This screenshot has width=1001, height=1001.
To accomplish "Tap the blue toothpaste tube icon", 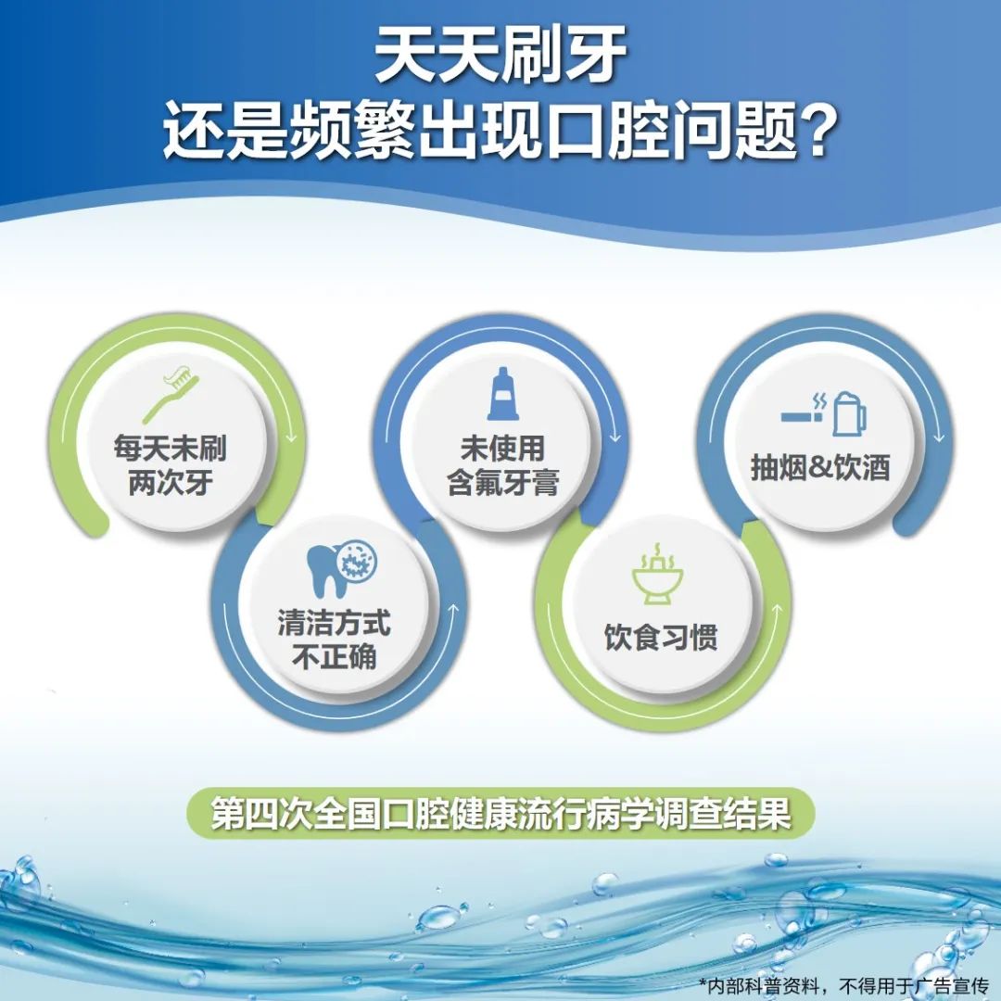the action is pos(502,394).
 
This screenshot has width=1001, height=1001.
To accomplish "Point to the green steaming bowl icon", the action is pos(657,574).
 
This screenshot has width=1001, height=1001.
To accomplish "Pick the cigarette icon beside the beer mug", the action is pos(804,411).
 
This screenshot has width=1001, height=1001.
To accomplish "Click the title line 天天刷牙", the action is pos(500,56).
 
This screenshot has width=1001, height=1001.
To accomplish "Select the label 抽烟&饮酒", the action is pos(820,467).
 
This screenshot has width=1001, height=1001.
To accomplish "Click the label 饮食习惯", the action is pos(661,637).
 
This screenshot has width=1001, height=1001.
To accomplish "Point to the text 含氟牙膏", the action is pos(503,482).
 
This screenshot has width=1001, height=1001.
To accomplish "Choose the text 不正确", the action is pos(334,656).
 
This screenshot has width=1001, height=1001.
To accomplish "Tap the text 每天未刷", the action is pos(170,448).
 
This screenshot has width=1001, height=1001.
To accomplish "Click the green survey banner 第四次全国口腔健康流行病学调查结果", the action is pos(500,813).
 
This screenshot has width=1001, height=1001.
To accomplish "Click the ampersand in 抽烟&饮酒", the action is pos(820,468).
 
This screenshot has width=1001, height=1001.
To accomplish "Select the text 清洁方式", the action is pos(334,623).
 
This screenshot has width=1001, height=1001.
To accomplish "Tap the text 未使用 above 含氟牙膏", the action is pos(502,448).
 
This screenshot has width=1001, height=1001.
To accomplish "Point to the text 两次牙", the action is pos(171,482).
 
